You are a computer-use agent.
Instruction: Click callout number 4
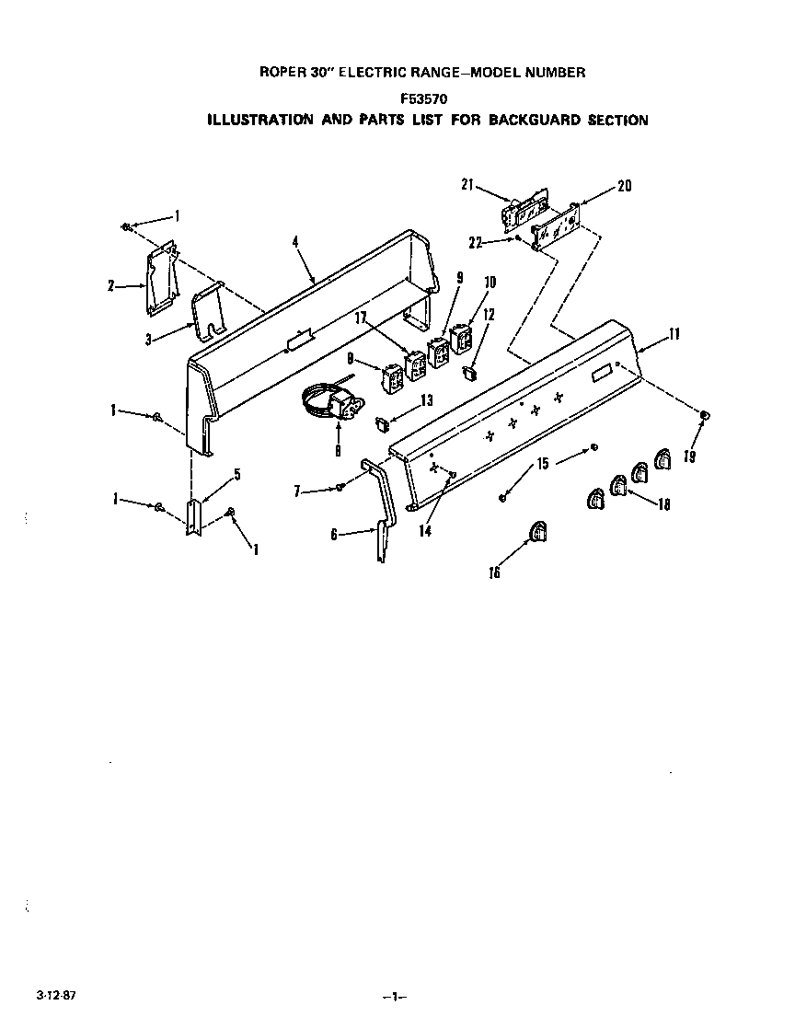(295, 242)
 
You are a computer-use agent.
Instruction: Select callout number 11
(674, 335)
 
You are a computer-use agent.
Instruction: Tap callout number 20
(624, 186)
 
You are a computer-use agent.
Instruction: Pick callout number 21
(467, 185)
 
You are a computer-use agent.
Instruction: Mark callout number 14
(423, 530)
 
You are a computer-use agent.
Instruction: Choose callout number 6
(333, 533)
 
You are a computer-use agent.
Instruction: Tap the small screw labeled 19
(705, 416)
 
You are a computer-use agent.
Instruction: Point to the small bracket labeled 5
(195, 517)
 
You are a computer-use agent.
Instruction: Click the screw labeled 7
(340, 487)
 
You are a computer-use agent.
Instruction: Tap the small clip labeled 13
(379, 422)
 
